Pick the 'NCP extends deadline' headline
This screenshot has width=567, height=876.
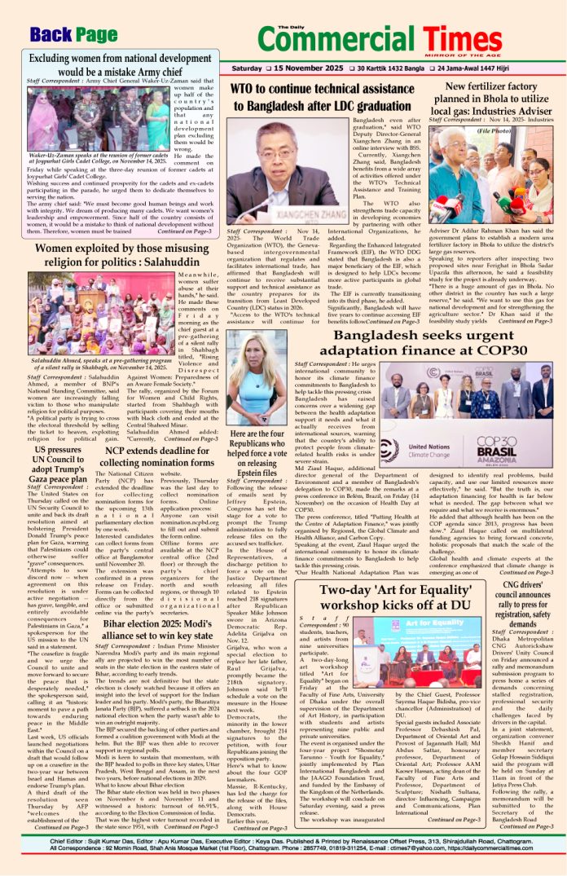coord(153,456)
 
